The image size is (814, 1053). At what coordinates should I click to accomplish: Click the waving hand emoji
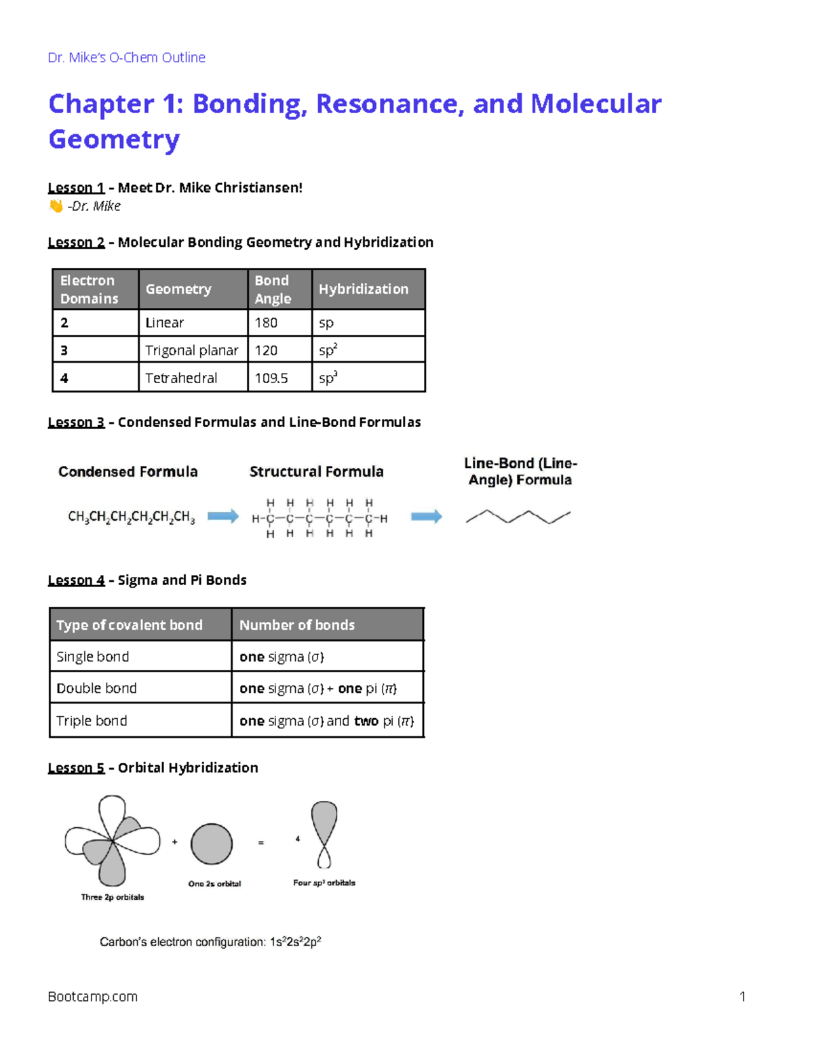(x=56, y=206)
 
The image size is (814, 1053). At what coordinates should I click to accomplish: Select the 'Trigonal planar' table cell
(x=192, y=351)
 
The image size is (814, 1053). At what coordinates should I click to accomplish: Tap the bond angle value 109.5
(x=271, y=378)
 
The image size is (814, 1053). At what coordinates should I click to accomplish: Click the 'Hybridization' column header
(x=364, y=290)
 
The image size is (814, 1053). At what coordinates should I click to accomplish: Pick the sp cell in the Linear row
(x=326, y=323)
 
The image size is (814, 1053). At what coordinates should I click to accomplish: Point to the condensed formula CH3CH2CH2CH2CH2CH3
(x=132, y=517)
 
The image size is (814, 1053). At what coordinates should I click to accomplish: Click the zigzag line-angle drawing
(x=518, y=517)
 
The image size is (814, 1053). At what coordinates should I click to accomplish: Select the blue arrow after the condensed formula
(x=223, y=517)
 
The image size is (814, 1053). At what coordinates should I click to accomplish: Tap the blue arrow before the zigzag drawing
(x=427, y=517)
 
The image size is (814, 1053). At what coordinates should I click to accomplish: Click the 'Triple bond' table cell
(x=92, y=721)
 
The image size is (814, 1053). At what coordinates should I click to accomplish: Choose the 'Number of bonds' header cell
(x=297, y=625)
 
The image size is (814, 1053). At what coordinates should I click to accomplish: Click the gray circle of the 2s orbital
(x=212, y=844)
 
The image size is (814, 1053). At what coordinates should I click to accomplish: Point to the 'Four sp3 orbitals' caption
(x=324, y=883)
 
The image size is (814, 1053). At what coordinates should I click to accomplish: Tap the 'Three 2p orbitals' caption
(x=113, y=897)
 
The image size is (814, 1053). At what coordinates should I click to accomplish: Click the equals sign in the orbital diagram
(x=261, y=843)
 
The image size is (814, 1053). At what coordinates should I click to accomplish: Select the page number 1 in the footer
(x=743, y=997)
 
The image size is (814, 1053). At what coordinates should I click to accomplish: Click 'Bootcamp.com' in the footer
(x=93, y=997)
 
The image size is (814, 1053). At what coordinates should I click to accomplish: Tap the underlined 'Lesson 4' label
(x=76, y=580)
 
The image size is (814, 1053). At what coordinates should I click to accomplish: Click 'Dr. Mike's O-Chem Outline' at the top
(x=127, y=58)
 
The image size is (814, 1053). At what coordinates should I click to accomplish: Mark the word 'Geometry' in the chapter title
(x=114, y=140)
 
